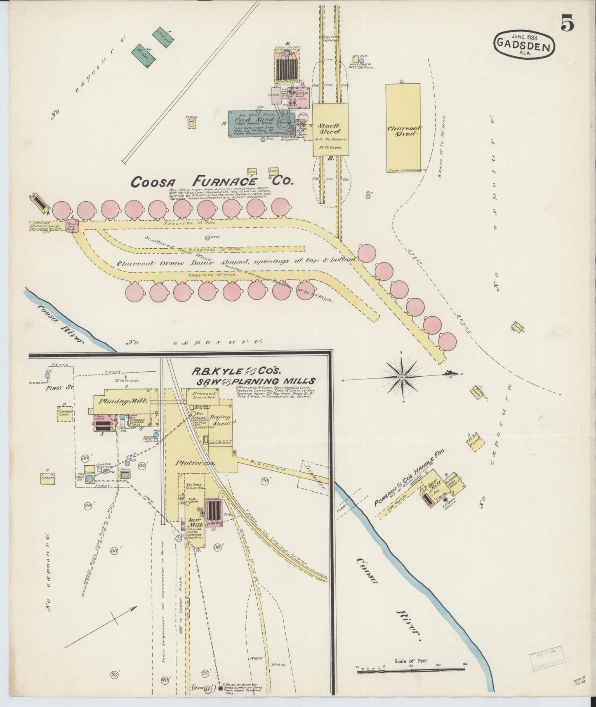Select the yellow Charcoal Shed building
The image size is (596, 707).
[x=403, y=128]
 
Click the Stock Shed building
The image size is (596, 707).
[x=330, y=129]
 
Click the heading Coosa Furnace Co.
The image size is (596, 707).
[x=212, y=181]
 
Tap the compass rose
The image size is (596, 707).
[x=403, y=376]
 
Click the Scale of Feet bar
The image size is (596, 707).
[x=411, y=669]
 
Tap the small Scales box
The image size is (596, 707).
[x=191, y=122]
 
